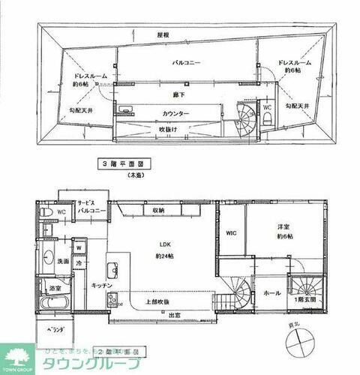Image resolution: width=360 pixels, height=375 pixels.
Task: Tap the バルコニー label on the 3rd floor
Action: (183, 64)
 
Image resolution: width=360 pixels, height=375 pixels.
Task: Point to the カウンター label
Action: (175, 113)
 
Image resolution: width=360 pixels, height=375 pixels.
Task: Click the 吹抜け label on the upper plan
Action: (172, 129)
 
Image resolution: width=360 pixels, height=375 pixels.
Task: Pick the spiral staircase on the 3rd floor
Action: (246, 118)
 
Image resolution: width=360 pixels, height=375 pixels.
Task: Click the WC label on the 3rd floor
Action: (267, 107)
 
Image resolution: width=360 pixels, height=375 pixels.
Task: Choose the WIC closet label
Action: (232, 232)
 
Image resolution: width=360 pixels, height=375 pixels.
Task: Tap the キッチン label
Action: (101, 286)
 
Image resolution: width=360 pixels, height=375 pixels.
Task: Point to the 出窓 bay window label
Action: (172, 314)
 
